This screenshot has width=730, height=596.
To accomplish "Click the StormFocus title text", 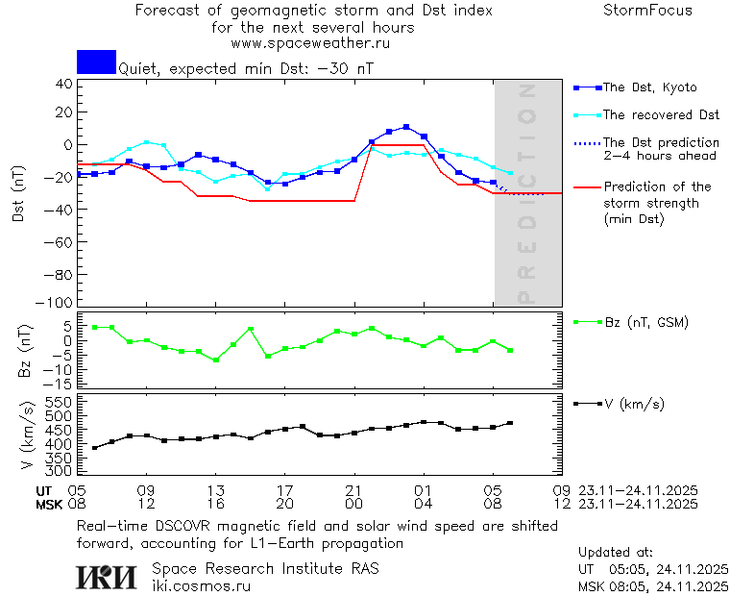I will [x=647, y=11].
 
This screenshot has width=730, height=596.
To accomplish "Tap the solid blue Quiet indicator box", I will [x=96, y=62].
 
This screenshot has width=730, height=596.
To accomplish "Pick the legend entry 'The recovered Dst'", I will [x=661, y=115].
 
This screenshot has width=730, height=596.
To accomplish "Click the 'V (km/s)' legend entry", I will [x=633, y=404].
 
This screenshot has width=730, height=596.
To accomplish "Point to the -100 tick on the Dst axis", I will [x=61, y=302].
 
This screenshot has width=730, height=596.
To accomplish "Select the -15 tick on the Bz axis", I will [x=61, y=384].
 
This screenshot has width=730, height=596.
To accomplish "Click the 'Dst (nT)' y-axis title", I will [x=19, y=196].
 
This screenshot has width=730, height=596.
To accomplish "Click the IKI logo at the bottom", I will [x=109, y=576].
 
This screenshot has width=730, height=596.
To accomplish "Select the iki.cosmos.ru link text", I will [x=201, y=585].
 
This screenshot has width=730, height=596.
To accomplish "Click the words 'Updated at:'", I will [x=615, y=553].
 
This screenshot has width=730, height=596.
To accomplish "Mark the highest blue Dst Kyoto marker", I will [x=406, y=127].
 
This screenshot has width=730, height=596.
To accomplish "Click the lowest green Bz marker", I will [x=215, y=360].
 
